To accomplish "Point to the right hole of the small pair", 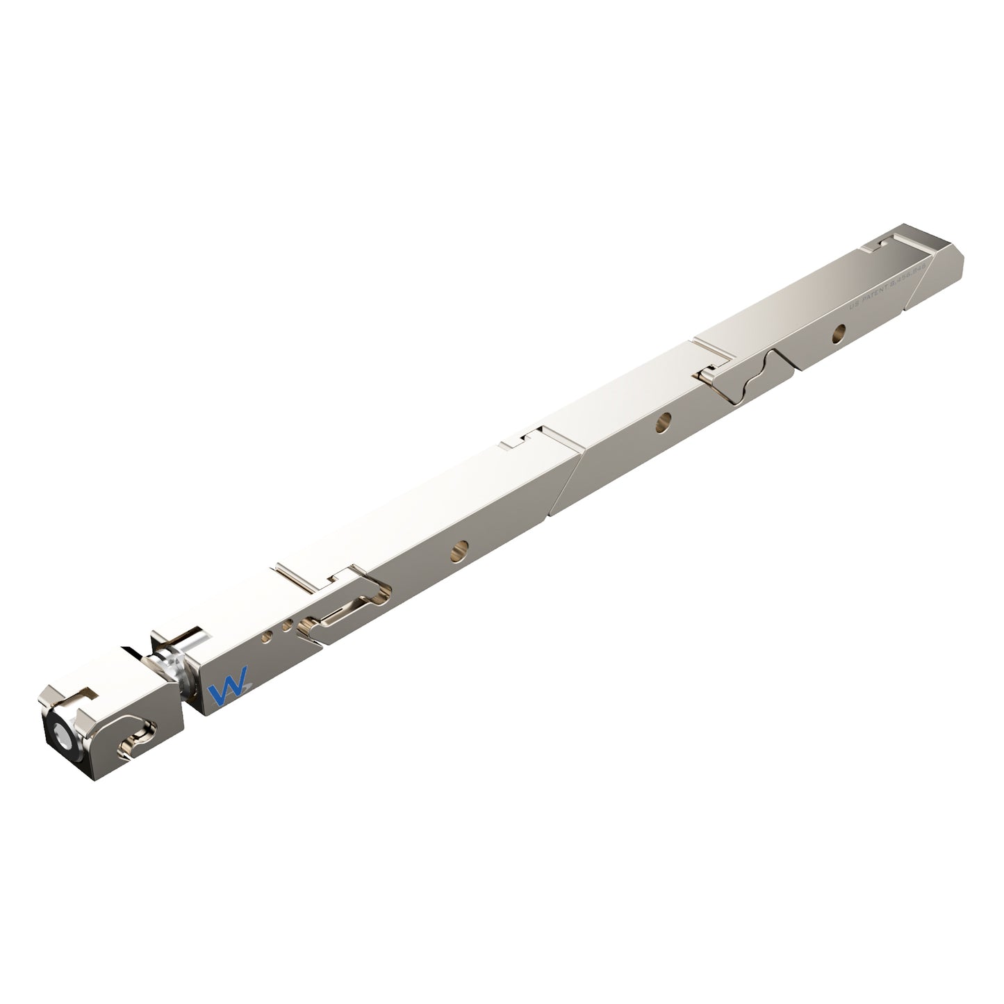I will point(287,626).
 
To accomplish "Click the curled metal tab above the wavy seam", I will point(707,375).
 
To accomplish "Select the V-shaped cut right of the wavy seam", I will point(784,356).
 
